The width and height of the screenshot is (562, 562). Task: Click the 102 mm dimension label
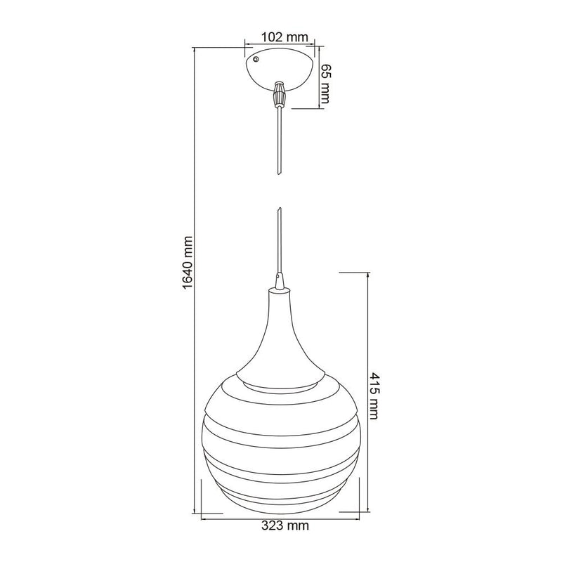tap(285, 37)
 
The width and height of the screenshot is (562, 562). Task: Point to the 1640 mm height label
tap(188, 262)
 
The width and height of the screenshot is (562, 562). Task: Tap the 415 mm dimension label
tap(374, 396)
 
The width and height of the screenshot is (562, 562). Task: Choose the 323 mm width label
tap(285, 525)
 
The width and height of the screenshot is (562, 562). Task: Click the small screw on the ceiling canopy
tap(256, 59)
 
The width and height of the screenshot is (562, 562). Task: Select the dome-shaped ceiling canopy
tap(280, 70)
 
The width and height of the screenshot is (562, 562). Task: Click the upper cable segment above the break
tap(278, 140)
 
